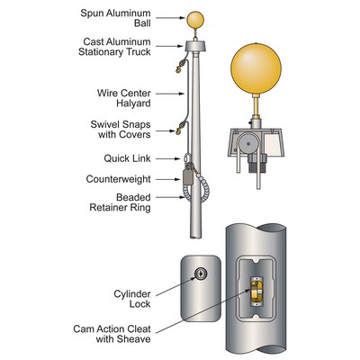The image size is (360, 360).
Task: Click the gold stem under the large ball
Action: [x=257, y=114]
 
